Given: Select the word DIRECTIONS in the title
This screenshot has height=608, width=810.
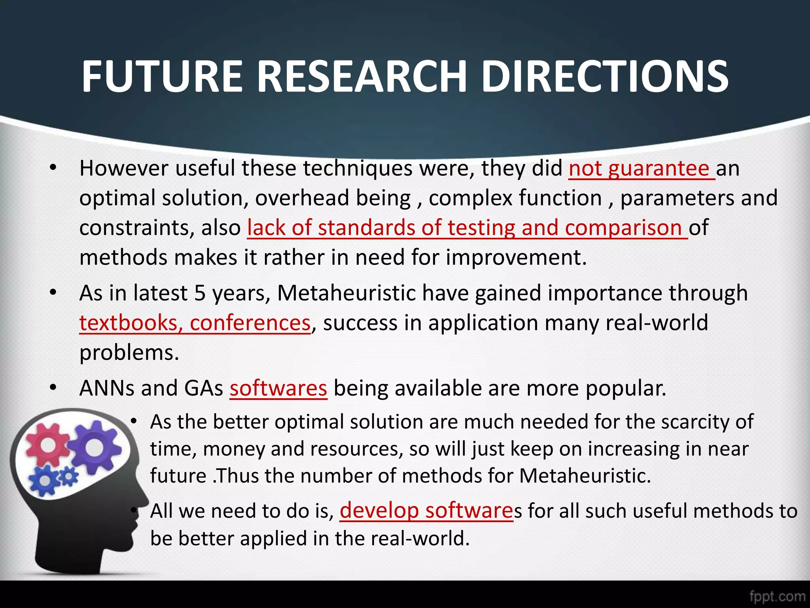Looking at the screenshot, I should click(605, 76).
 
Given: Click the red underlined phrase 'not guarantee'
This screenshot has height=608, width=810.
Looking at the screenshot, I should click(642, 169).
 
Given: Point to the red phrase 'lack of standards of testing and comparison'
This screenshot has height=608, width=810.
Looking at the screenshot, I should click(467, 228).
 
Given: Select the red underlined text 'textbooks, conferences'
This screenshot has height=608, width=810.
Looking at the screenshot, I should click(195, 323).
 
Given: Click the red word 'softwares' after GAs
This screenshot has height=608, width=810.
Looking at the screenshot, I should click(278, 388).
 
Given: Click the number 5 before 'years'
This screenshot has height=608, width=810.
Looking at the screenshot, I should click(200, 294).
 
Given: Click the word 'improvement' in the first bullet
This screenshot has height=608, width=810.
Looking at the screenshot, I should click(514, 258).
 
